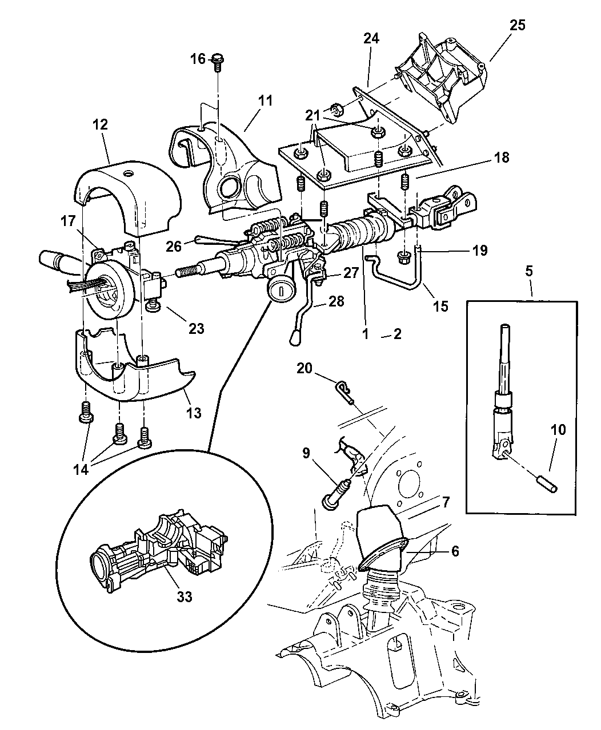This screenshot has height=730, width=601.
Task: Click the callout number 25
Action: click(x=518, y=25)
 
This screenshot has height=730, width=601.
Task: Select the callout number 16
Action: click(x=198, y=59)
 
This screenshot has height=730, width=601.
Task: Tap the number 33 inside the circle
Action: click(x=183, y=597)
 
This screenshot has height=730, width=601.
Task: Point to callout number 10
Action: click(x=558, y=429)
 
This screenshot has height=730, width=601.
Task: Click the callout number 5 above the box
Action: click(x=529, y=271)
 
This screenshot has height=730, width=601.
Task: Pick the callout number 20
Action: click(x=304, y=369)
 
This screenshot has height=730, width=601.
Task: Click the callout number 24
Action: click(x=371, y=39)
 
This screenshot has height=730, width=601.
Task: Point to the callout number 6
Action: click(x=455, y=551)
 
